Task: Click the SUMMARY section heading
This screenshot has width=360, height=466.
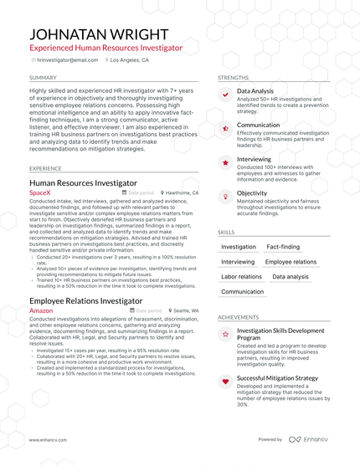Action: pos(43,77)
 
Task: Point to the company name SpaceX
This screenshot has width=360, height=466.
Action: pos(40,192)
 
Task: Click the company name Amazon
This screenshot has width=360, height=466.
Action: pos(41,310)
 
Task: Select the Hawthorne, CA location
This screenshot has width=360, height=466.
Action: pos(182,192)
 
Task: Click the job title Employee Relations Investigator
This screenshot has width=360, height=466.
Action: pos(85,300)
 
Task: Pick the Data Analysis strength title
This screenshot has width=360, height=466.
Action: pos(255,90)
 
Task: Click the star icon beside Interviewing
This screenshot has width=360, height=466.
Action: pos(225,162)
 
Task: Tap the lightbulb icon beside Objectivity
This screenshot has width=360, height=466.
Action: pos(225,196)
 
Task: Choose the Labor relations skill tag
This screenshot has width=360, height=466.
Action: pos(241,277)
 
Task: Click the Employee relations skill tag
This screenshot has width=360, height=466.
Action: pos(291,262)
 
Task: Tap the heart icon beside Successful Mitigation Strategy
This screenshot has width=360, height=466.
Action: pos(225,382)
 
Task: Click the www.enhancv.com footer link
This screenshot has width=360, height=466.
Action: pos(48,439)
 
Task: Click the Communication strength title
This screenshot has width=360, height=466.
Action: pos(258,125)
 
